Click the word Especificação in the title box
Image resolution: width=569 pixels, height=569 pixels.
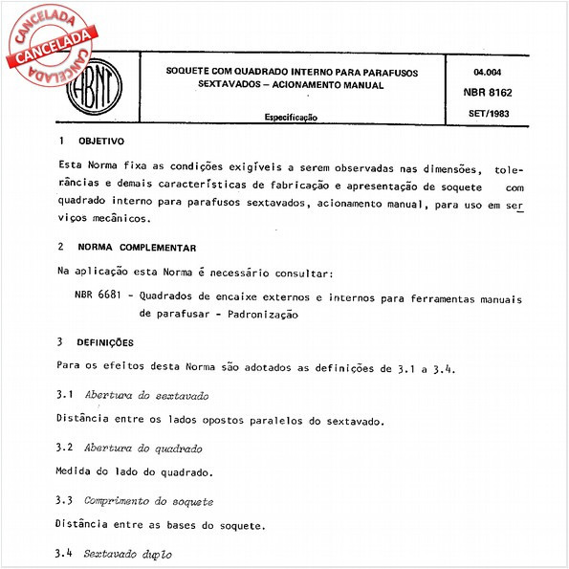pos(291,117)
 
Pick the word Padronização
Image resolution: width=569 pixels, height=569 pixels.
pos(258,315)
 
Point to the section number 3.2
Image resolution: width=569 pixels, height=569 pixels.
pos(65,448)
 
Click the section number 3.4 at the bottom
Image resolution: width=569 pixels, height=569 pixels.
pos(65,554)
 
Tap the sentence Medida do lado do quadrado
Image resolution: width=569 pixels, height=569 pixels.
pos(135,471)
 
